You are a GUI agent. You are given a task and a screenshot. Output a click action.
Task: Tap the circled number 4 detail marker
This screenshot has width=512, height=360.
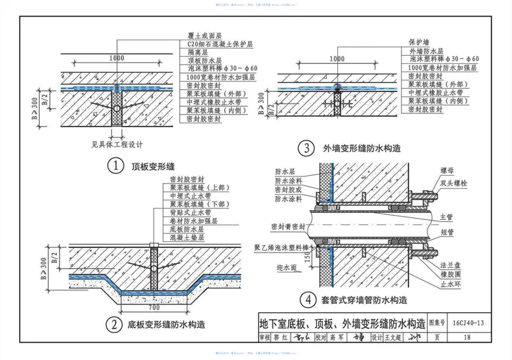click(308, 298)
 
